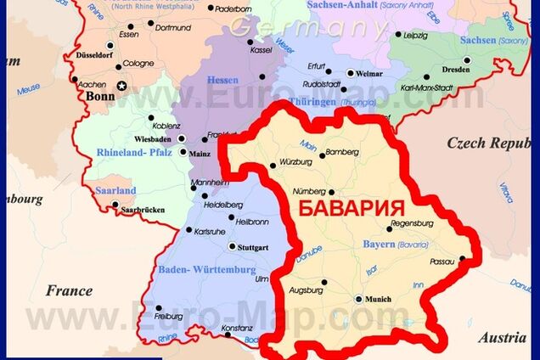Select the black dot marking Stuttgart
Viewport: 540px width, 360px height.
coord(232,246)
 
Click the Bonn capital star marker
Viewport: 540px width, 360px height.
coord(122,86)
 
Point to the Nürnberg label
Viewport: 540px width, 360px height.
coord(308,192)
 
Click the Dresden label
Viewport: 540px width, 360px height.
coord(455,70)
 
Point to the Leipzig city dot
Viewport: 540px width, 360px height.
coord(397,35)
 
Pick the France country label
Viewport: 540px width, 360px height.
coord(69,290)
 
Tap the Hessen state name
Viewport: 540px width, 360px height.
coord(222,80)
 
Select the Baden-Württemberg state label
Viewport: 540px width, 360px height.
coord(205,270)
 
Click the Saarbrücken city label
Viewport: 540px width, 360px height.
coord(142,209)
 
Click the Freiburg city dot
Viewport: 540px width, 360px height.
coord(158,308)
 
